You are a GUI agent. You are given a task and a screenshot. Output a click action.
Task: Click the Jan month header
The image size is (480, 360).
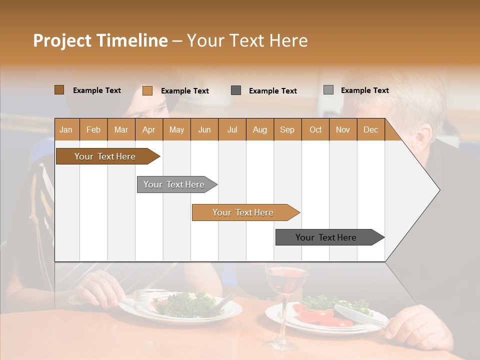66,129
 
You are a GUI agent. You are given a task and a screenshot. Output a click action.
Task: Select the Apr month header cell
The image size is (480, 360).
148,129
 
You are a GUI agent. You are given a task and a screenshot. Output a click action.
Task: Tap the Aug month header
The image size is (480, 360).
259,129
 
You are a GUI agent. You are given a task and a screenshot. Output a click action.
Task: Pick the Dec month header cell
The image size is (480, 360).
370,129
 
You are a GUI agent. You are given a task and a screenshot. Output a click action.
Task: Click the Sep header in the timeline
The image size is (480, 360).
287,129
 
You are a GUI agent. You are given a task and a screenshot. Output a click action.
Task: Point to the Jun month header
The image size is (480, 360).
204,129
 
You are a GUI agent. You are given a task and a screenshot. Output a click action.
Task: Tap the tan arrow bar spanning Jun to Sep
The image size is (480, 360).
243,212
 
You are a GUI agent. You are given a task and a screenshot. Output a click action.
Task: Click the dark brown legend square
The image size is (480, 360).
59,90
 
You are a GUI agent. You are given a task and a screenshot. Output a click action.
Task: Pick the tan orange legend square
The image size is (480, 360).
147,90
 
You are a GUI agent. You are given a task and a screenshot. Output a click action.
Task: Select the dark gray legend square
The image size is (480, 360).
236,90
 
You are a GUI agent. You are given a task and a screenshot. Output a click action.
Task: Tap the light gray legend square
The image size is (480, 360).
328,90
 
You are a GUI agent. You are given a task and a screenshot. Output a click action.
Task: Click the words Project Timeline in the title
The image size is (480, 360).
100,40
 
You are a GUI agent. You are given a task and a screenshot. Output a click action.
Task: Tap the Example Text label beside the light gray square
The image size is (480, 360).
364,90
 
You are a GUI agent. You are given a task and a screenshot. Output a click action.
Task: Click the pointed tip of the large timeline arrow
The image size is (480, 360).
438,189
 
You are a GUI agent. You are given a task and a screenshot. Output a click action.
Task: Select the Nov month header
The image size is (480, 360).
342,129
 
